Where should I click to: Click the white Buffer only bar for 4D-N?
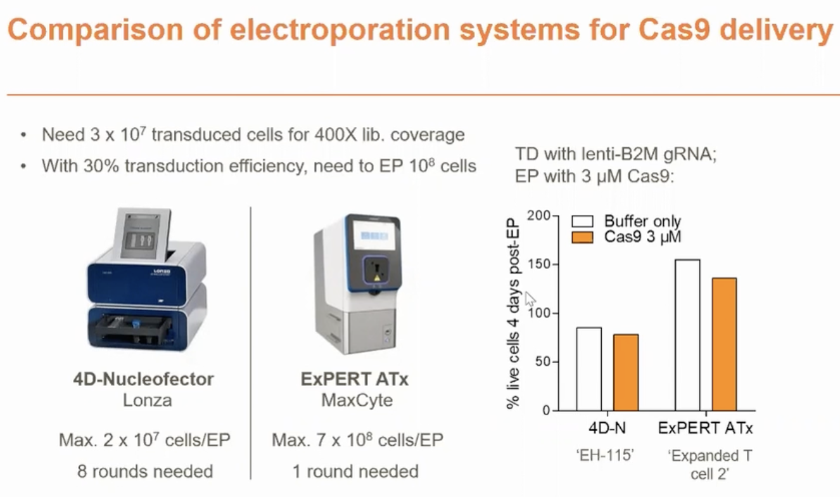click(589, 369)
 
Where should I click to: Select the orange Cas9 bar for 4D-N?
click(626, 372)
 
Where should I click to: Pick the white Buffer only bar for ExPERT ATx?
click(687, 335)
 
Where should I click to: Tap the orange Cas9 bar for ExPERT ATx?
click(724, 344)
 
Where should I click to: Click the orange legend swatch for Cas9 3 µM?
click(582, 237)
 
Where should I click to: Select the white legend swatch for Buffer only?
click(582, 221)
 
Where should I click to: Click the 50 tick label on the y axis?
click(540, 362)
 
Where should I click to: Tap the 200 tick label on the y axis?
click(538, 216)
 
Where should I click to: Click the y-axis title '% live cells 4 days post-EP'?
click(512, 314)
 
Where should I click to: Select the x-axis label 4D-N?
click(607, 428)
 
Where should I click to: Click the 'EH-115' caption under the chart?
click(605, 455)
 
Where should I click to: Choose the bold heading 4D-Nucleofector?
click(144, 379)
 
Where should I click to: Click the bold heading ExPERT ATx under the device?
click(354, 379)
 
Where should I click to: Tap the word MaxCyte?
click(357, 401)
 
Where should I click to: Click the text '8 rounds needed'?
click(145, 472)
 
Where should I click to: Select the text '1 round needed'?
click(355, 472)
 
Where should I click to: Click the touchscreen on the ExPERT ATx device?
click(374, 235)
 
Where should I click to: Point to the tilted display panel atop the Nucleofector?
click(143, 234)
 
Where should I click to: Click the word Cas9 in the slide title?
click(674, 30)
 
